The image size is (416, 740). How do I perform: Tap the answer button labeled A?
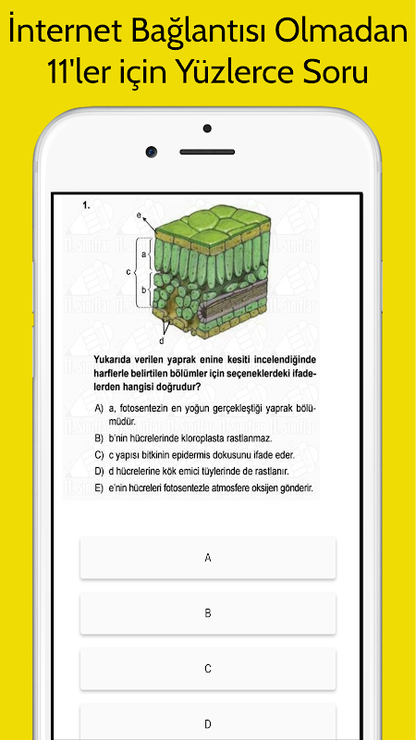[x=207, y=558]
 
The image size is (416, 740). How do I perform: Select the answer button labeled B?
[x=207, y=613]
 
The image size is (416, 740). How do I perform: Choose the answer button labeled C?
[x=207, y=669]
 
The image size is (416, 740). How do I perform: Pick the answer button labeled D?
[x=207, y=724]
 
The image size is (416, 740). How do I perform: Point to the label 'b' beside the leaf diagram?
[x=144, y=289]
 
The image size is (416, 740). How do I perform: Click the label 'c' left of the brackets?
[x=128, y=272]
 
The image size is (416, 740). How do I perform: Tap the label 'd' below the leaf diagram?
[x=161, y=341]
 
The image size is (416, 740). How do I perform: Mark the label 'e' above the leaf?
[x=139, y=215]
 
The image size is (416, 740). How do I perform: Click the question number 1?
[x=85, y=204]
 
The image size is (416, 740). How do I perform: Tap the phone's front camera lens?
[x=152, y=152]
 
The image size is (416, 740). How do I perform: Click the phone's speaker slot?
[x=207, y=152]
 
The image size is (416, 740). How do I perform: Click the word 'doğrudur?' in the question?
[x=180, y=388]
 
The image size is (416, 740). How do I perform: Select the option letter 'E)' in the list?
[x=99, y=488]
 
